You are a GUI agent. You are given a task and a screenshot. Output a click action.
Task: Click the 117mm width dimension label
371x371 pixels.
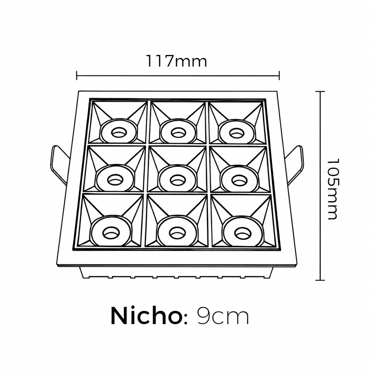(177, 61)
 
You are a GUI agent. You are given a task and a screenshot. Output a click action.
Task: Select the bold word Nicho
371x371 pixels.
(145, 316)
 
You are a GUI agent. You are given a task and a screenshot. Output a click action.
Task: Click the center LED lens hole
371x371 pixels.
(177, 180)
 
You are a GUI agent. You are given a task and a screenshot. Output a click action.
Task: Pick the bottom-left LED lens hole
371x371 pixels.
(111, 233)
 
